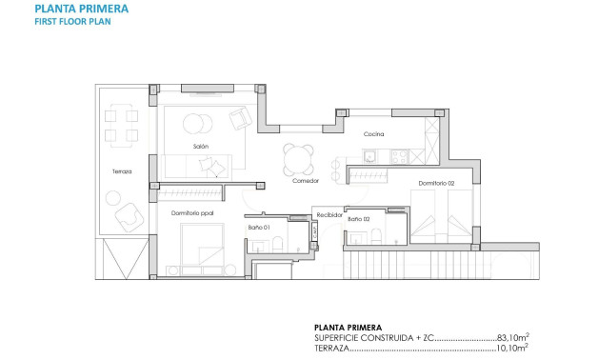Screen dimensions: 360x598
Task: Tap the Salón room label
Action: coord(201,146)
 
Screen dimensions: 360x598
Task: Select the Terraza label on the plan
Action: coord(121,171)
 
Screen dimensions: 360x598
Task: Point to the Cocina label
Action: coord(373,134)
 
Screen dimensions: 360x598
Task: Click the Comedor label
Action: coord(305,181)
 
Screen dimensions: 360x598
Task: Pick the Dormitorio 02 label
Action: coord(436,183)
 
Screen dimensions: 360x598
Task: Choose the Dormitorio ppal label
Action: coord(191,213)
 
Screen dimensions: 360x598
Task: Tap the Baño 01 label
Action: coord(259,228)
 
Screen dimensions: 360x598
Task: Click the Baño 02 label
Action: coord(359,219)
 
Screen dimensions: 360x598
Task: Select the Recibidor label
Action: coord(329,215)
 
